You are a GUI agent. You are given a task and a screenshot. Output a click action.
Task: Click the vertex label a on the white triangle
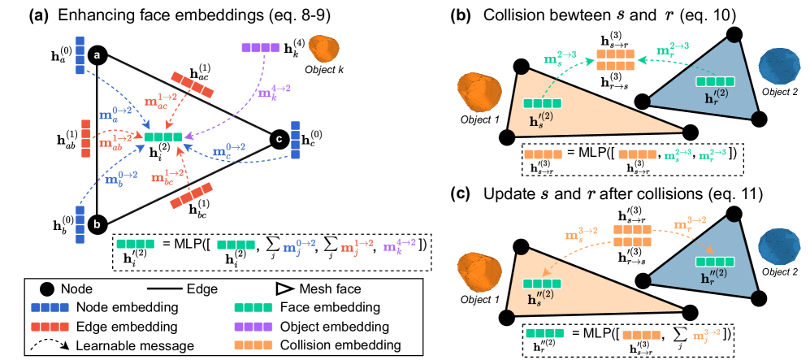pos(97,56)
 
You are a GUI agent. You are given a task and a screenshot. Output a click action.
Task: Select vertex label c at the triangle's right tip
pos(279,139)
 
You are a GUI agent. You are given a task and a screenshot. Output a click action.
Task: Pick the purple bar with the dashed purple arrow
pos(261,48)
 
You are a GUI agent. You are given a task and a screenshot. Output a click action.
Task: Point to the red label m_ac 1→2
pos(160,102)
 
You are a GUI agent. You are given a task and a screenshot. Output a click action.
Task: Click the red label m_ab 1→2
pos(115,141)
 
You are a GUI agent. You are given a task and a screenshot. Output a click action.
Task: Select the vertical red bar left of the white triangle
pos(85,138)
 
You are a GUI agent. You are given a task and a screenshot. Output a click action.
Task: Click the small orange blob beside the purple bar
pos(323,49)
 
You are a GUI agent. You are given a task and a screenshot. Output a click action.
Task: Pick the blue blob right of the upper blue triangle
pos(779,67)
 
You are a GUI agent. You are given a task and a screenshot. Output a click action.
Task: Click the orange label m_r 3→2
pos(690,223)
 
